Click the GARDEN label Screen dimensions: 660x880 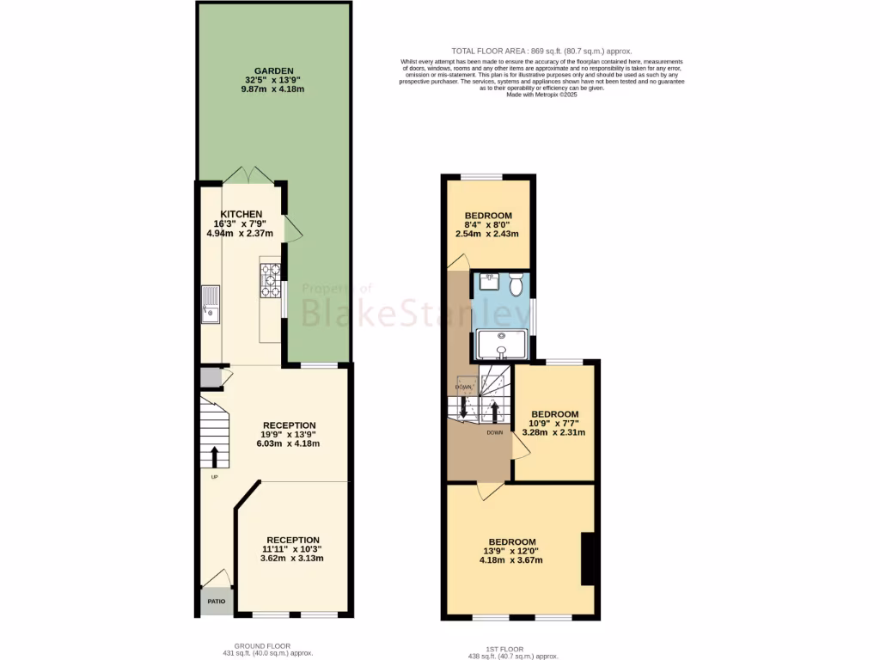pos(273,70)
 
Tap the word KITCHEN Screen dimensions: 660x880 pos(241,214)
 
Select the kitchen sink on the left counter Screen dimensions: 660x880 pos(211,305)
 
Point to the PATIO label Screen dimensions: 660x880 pos(215,602)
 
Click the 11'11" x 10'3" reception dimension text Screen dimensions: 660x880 pos(291,549)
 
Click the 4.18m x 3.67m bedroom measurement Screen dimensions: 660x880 pos(510,560)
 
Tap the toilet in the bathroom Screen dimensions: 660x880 pos(516,283)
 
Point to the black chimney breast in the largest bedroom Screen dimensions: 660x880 pos(589,559)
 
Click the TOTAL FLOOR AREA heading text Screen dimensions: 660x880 pos(541,52)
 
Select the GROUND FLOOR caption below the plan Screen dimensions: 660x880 pos(262,645)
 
